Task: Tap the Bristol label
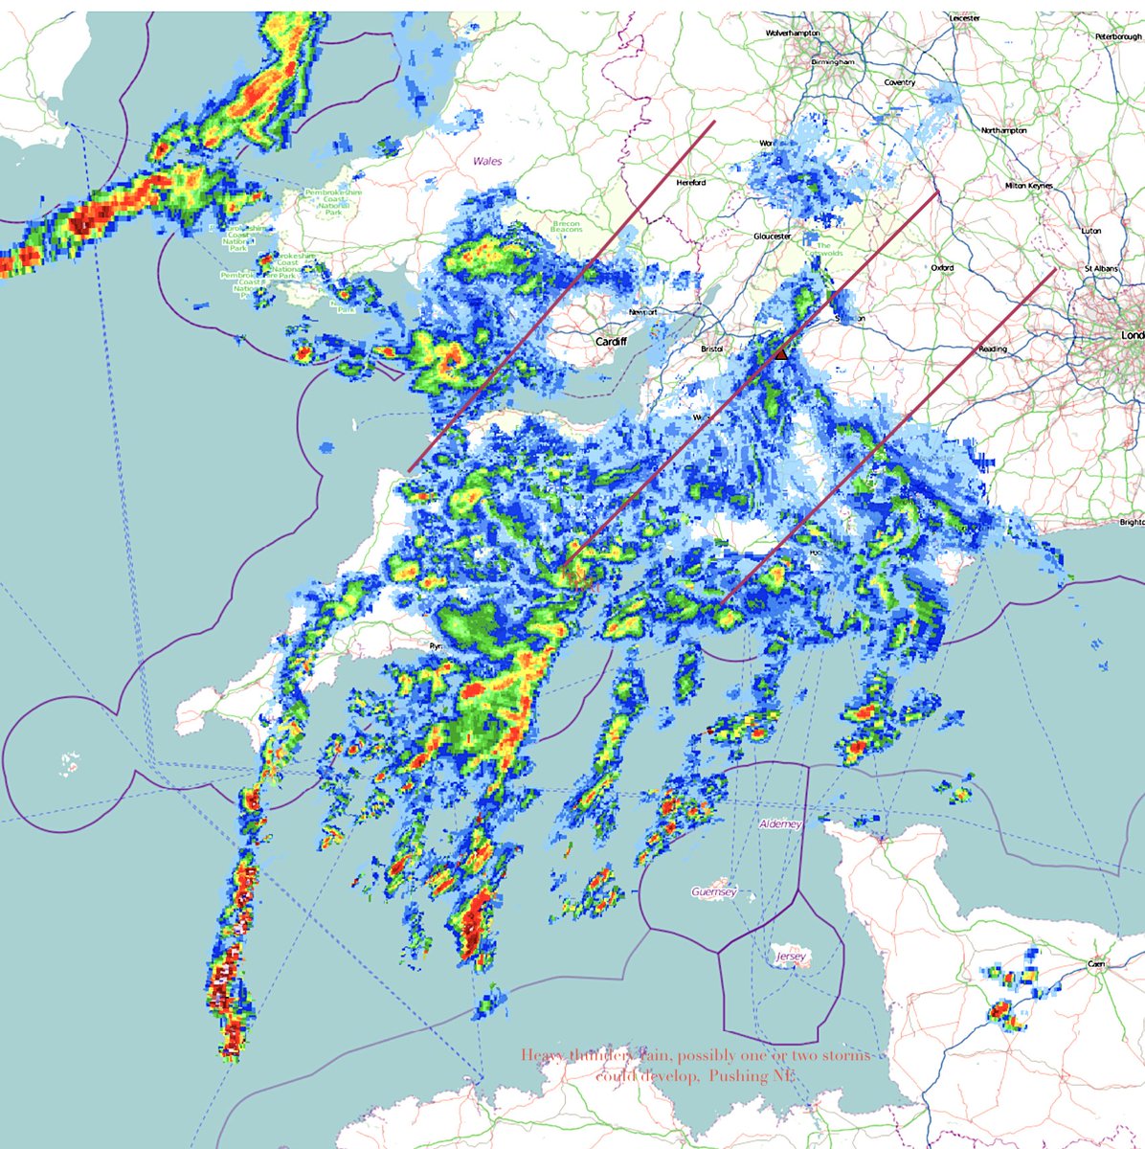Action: click(711, 349)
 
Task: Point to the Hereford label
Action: click(690, 182)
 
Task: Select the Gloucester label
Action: click(772, 236)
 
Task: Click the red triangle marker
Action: click(781, 354)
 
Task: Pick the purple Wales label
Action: click(487, 162)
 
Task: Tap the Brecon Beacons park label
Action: click(567, 228)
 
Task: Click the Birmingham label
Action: click(831, 61)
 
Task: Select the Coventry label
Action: click(900, 83)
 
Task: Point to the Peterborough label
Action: click(1118, 36)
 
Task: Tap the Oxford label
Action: click(942, 268)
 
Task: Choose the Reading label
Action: click(993, 349)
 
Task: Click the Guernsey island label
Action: click(714, 892)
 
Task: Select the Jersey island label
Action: click(792, 957)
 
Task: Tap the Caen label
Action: click(1096, 964)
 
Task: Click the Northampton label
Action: click(1004, 130)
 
